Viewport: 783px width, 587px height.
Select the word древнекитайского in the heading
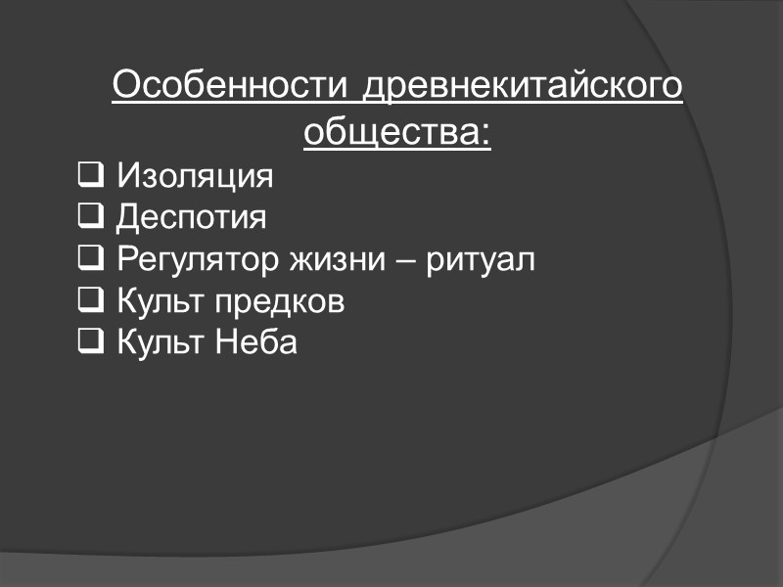tap(524, 87)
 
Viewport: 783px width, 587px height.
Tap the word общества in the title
tap(391, 130)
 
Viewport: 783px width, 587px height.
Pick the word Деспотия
tap(191, 218)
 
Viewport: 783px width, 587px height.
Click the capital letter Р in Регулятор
tap(125, 261)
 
